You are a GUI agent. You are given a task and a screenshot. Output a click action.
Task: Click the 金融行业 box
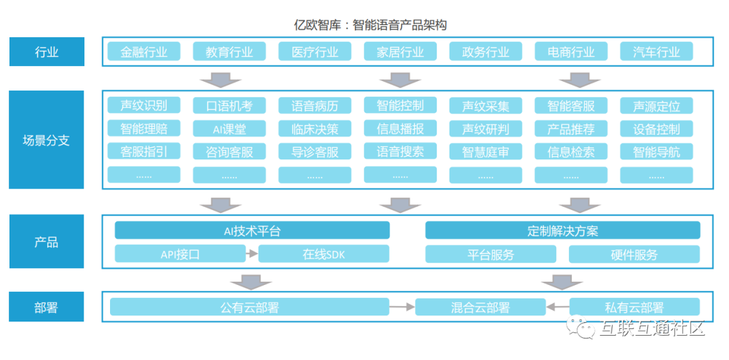[x=144, y=52]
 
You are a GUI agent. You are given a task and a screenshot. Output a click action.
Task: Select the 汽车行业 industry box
[x=657, y=52]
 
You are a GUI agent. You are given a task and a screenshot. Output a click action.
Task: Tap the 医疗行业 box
[x=315, y=52]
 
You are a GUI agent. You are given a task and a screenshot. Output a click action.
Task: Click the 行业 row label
[x=47, y=52]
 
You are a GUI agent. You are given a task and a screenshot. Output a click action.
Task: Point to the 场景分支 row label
[x=47, y=140]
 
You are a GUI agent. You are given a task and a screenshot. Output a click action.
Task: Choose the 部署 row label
[x=47, y=307]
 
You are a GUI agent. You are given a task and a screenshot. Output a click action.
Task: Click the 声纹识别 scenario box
[x=144, y=105]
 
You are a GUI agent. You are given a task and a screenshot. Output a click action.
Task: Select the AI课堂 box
[x=230, y=129]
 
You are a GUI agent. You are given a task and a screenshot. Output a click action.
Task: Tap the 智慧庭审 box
[x=485, y=152]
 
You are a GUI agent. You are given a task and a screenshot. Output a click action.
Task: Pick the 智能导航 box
[x=657, y=152]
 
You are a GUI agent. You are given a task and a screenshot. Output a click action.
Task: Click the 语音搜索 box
[x=400, y=151]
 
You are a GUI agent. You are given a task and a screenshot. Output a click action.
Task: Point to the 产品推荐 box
[x=571, y=129]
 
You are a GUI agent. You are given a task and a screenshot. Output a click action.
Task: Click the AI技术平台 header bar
[x=252, y=230]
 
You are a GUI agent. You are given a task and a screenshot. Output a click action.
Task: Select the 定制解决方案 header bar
[x=562, y=230]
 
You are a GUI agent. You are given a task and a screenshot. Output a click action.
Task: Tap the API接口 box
[x=180, y=254]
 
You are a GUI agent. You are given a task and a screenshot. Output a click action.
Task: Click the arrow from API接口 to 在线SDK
[x=251, y=254]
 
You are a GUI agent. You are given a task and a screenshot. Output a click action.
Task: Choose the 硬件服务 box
[x=634, y=254]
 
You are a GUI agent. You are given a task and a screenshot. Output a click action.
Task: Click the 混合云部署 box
[x=480, y=307]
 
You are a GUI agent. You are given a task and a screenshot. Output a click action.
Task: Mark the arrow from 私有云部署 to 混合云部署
[x=558, y=307]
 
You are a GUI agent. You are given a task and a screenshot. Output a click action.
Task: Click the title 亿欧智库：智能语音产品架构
[x=371, y=26]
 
